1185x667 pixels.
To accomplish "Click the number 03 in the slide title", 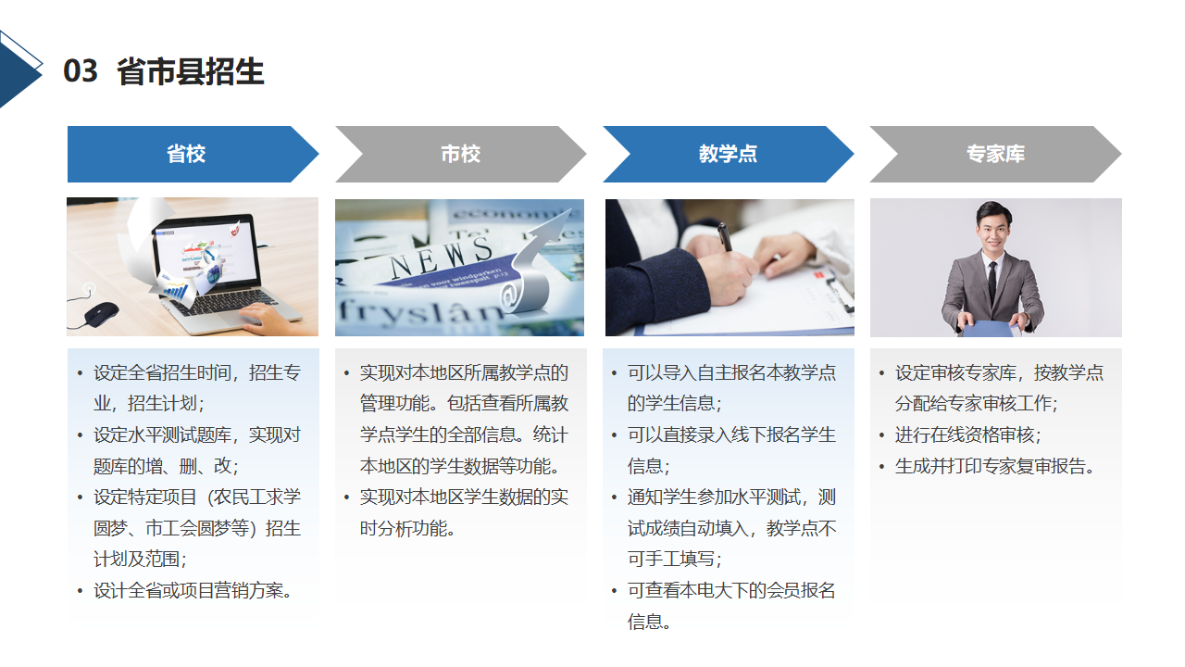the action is tap(81, 71).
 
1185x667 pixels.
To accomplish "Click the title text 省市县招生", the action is tap(191, 71).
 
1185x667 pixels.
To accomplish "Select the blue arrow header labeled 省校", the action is tap(193, 154).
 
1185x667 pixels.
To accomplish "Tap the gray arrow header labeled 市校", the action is tap(461, 154).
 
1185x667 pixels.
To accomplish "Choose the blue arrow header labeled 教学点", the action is tap(729, 154).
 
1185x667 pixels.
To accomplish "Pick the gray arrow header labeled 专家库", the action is tap(995, 154).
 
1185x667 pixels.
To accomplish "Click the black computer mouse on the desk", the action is tap(101, 313).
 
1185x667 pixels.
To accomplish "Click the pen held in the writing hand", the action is tap(725, 237).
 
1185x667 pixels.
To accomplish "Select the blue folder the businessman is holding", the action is tap(990, 328).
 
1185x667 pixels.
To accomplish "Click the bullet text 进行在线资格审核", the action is tap(967, 435).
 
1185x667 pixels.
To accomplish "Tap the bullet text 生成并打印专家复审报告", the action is tap(994, 466).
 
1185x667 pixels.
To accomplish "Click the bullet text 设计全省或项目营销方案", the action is tap(193, 591).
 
